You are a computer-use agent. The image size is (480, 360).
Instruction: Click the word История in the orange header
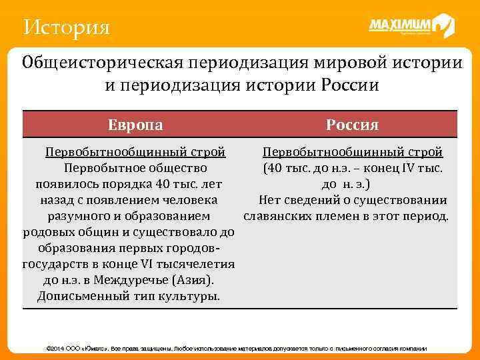65,28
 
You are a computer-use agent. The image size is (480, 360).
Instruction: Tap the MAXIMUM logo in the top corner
411,26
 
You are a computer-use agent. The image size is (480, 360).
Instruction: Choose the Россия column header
353,125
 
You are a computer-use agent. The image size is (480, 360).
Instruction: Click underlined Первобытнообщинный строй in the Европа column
135,153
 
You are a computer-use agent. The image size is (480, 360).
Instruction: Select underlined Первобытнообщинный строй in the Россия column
353,153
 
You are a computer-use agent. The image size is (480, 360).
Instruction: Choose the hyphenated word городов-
191,249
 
